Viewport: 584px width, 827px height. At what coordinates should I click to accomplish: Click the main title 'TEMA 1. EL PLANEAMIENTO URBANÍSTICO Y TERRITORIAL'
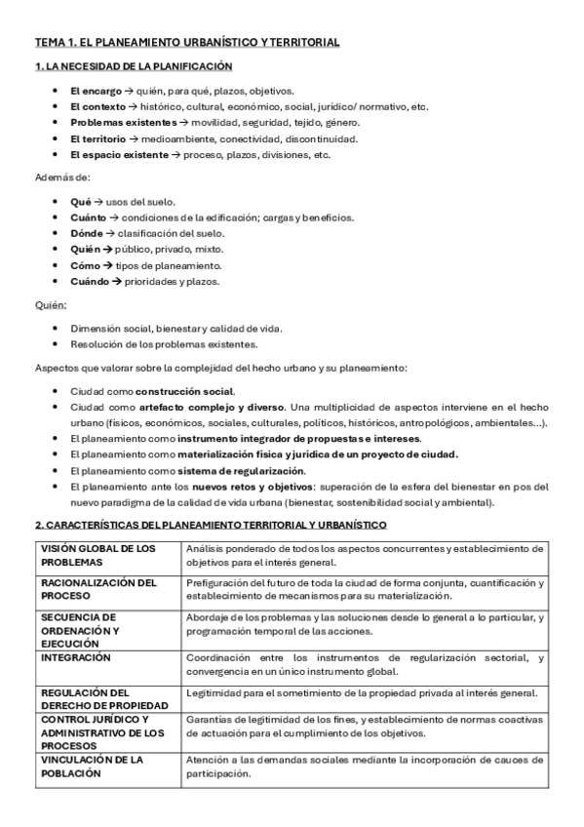(187, 43)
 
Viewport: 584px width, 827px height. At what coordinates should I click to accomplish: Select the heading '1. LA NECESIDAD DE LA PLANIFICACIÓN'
(134, 66)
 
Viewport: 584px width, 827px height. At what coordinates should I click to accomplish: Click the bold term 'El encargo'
(95, 90)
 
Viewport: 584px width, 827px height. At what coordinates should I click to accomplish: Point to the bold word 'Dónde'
(87, 233)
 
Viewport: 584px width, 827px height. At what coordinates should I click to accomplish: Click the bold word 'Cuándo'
(90, 281)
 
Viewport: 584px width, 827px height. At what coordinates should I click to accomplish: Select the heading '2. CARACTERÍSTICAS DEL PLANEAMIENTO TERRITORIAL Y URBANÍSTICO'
(211, 525)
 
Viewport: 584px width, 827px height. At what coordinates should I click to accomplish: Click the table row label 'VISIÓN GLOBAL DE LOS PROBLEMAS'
(97, 555)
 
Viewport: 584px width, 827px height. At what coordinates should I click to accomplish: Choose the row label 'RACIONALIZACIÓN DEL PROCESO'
(97, 589)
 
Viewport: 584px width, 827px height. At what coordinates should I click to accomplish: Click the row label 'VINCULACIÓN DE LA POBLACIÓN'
(92, 766)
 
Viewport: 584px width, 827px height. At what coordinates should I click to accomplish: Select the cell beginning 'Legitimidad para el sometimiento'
(362, 693)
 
